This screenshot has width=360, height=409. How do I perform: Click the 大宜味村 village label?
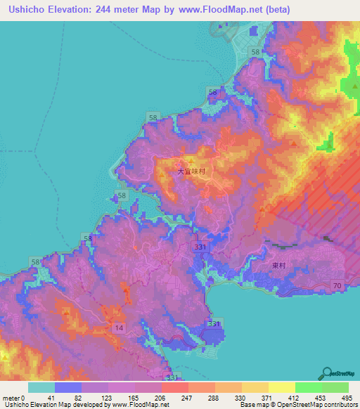[191, 171]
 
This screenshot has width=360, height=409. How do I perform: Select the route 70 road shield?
[337, 285]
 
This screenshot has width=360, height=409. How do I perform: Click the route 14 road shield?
[120, 328]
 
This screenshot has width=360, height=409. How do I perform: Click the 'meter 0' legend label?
[13, 398]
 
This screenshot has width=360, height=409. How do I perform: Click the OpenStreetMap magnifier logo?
[328, 373]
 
